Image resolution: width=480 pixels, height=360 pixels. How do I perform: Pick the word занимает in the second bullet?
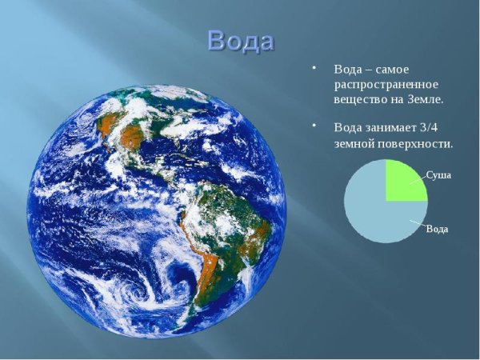click(391, 127)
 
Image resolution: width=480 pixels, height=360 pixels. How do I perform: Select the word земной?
click(356, 144)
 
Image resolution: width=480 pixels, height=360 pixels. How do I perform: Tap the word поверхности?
click(417, 144)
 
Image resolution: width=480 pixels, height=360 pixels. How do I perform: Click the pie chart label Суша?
click(438, 174)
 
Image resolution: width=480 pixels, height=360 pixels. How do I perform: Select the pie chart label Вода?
click(437, 229)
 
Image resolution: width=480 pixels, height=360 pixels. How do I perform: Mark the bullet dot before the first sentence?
click(315, 67)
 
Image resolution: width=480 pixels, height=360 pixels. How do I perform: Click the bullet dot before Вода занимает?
click(315, 126)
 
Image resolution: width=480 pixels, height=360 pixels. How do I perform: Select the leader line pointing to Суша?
click(417, 180)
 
